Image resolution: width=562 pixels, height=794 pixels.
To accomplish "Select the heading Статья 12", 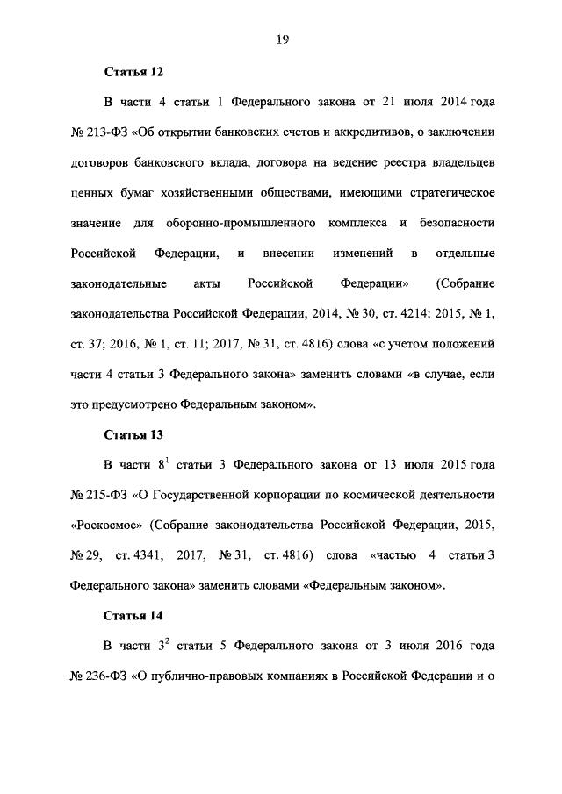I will click(133, 71).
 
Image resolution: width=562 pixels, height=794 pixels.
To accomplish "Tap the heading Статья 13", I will click(133, 434).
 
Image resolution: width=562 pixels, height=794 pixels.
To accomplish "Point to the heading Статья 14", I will click(133, 615).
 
